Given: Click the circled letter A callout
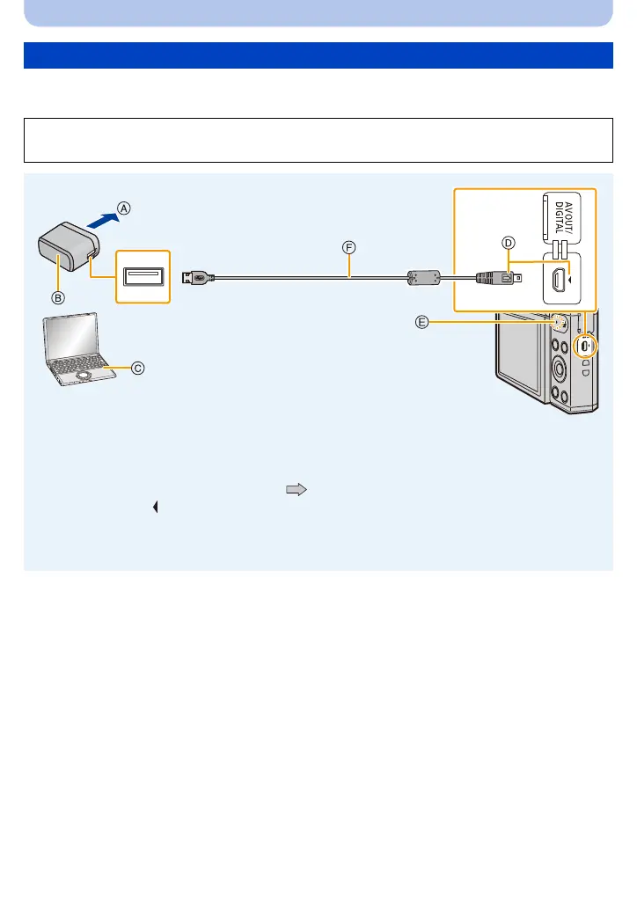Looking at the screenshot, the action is pyautogui.click(x=125, y=208).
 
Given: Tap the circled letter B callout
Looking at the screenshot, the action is pyautogui.click(x=56, y=297).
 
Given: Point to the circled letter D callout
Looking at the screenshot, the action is pyautogui.click(x=509, y=242).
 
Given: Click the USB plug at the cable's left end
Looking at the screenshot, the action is pyautogui.click(x=194, y=277).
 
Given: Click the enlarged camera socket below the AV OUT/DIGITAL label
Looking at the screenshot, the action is pyautogui.click(x=560, y=281).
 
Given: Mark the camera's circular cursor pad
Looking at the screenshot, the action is pyautogui.click(x=559, y=363).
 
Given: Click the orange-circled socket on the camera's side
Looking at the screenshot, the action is pyautogui.click(x=585, y=346).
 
